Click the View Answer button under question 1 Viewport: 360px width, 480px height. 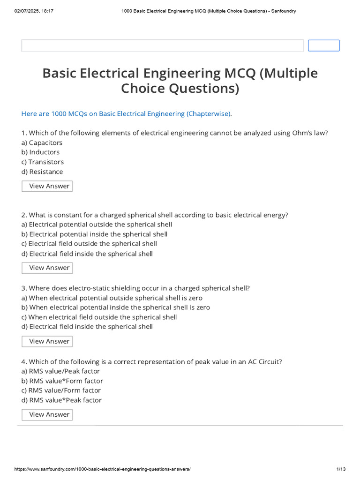[x=47, y=186]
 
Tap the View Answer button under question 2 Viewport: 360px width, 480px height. [x=47, y=268]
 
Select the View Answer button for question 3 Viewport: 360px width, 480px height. [x=47, y=341]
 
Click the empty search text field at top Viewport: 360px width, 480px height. [x=162, y=45]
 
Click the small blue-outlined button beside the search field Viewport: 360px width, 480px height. [x=323, y=45]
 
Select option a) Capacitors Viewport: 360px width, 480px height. [x=42, y=142]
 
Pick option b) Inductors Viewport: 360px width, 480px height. [x=40, y=152]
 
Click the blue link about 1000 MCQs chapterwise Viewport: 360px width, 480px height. [x=126, y=113]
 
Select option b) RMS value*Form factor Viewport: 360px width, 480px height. [x=62, y=381]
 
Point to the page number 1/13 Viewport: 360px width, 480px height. [x=341, y=469]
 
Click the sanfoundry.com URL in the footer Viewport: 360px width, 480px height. [x=103, y=469]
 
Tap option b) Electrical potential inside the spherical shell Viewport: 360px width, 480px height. [x=94, y=234]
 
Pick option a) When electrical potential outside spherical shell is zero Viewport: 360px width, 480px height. [x=112, y=298]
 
